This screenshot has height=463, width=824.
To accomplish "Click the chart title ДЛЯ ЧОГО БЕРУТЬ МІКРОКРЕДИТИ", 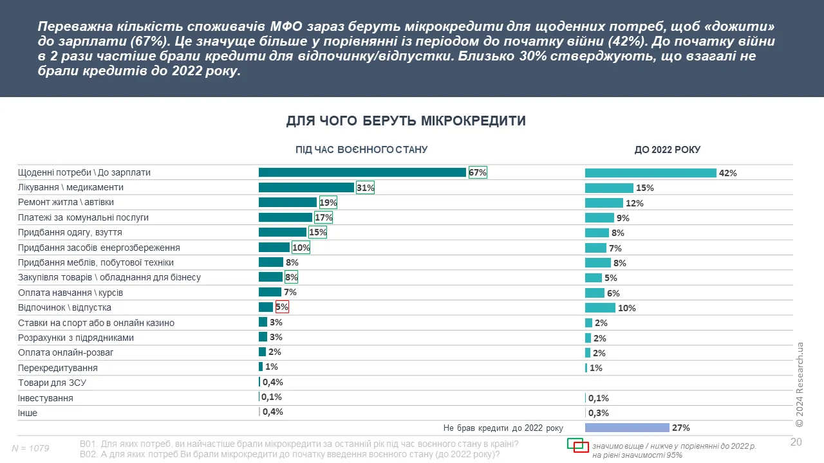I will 406,121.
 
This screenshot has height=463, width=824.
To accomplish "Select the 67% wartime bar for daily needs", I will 362,172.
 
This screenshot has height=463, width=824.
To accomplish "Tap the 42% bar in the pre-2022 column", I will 650,173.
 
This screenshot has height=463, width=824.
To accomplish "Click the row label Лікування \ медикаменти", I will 70,188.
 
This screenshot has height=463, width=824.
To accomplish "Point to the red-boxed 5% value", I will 282,307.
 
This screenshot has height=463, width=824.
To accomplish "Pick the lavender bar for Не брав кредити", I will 627,428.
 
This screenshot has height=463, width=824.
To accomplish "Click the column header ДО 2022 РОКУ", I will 668,150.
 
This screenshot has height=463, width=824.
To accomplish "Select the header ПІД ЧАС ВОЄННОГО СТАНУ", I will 361,150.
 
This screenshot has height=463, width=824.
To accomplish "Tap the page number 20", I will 796,441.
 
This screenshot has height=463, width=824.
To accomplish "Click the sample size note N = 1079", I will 31,448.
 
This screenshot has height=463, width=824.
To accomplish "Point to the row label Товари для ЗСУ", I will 52,383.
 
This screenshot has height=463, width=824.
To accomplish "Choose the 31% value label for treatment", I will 365,188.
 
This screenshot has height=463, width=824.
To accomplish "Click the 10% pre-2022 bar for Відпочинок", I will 600,308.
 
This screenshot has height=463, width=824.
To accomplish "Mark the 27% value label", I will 680,428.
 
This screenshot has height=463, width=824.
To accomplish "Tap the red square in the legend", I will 581,448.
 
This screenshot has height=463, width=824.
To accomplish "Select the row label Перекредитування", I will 58,368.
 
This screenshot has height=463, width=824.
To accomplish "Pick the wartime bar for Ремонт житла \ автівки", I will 287,203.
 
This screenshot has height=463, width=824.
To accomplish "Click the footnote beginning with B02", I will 290,455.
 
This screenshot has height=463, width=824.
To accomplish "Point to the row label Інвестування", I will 46,398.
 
